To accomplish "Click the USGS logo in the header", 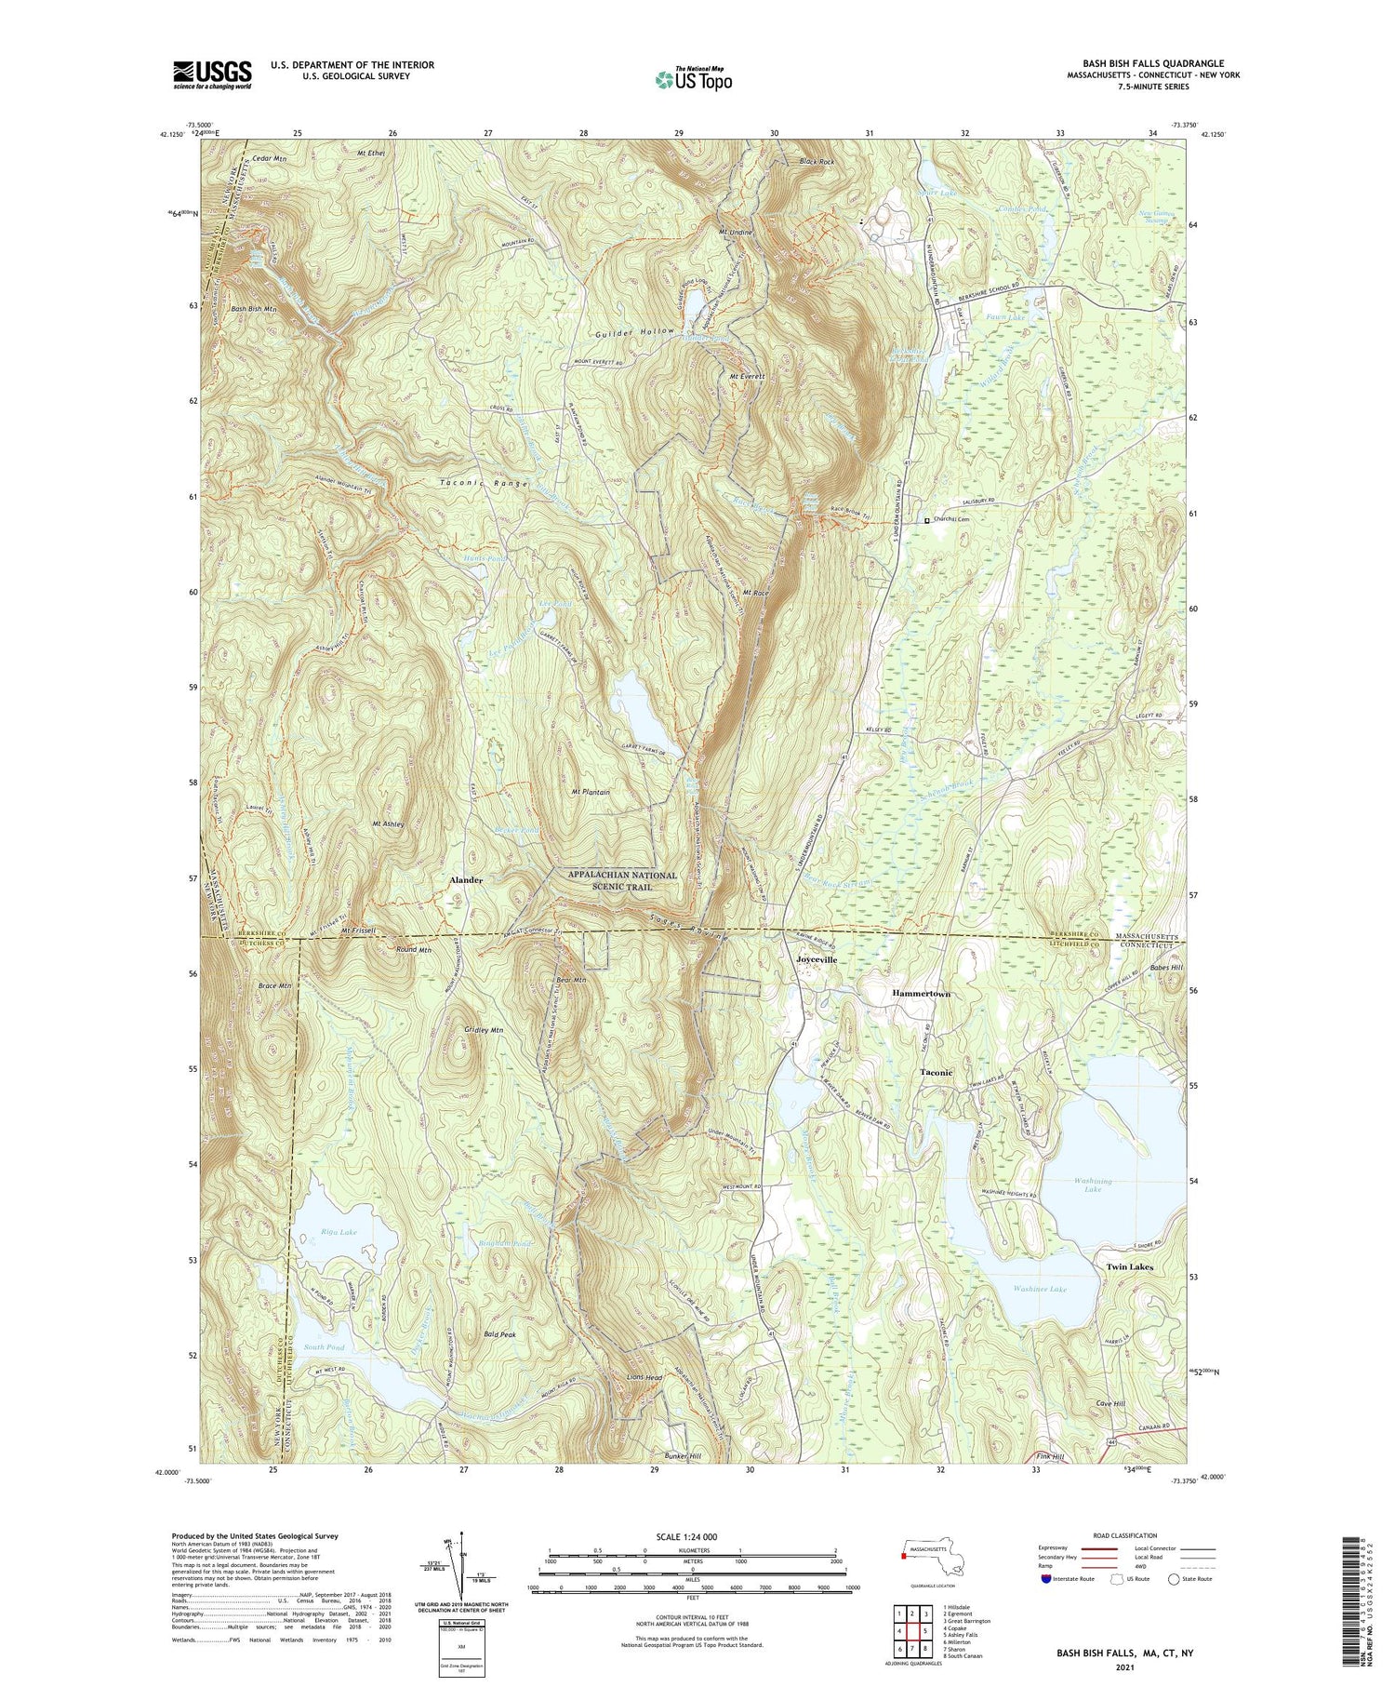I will (x=212, y=74).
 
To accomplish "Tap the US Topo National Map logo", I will (x=693, y=79).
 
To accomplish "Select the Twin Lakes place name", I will (x=1129, y=1267).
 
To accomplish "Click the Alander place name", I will (x=466, y=878).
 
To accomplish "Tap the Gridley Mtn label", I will (x=484, y=1030).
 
